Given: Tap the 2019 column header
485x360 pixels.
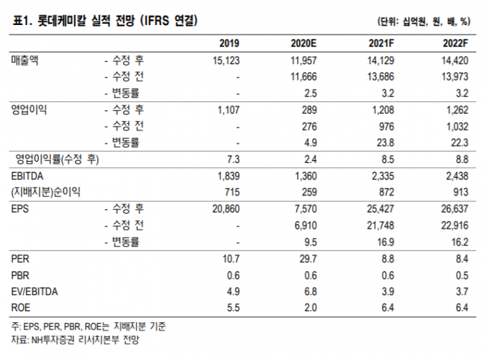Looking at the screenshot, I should pyautogui.click(x=229, y=43).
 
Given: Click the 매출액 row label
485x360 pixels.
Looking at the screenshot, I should pyautogui.click(x=26, y=60).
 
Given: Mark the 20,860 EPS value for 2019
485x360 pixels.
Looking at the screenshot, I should pyautogui.click(x=225, y=209).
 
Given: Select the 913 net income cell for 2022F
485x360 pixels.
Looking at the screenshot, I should pyautogui.click(x=461, y=192).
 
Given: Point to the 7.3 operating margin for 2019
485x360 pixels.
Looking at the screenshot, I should pyautogui.click(x=233, y=160).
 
